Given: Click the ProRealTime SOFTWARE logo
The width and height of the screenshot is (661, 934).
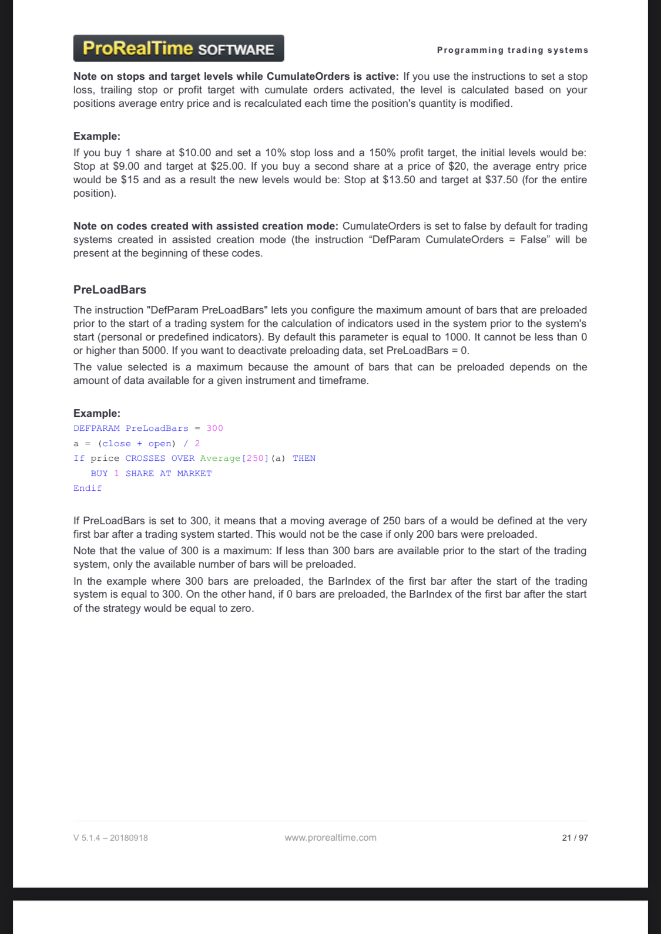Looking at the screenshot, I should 178,48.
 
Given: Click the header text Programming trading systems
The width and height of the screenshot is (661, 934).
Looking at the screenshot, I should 512,50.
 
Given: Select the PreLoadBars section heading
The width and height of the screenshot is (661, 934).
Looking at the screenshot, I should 110,289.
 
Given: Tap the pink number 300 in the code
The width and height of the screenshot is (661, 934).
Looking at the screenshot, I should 214,429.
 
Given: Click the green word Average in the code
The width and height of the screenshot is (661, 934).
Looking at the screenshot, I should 220,458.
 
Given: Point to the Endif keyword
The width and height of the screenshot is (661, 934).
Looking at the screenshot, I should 88,488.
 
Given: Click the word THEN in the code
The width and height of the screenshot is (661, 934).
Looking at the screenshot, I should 304,458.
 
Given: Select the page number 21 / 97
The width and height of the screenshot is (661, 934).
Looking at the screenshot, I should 575,838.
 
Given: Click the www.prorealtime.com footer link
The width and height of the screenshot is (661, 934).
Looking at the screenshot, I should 330,838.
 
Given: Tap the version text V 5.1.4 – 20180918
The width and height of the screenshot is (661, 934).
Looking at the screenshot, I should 110,838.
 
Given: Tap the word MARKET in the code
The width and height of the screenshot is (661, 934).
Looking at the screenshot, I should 194,474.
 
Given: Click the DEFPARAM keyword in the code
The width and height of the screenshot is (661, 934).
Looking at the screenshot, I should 96,429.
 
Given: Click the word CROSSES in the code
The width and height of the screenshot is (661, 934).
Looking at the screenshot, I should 145,458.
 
